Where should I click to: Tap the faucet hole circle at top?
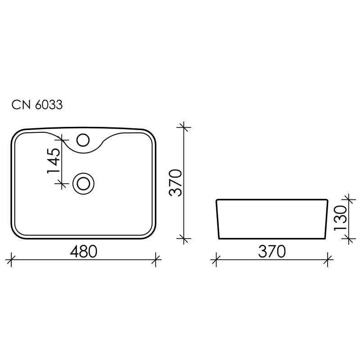[x=83, y=139]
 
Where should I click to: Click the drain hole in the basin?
[x=83, y=183]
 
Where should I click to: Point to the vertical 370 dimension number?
[x=175, y=183]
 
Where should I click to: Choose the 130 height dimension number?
[x=341, y=218]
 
